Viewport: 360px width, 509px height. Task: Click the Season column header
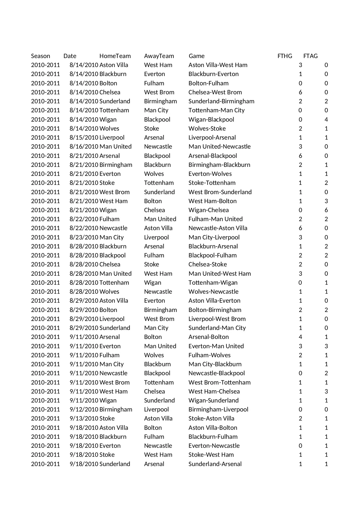41,56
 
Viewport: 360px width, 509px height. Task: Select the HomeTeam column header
115,56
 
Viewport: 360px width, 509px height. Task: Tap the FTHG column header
285,56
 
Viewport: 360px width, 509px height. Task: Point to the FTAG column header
310,56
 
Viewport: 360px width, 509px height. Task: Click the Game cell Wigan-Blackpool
211,120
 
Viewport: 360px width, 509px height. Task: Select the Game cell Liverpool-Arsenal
212,138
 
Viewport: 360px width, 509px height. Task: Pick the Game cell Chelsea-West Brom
215,92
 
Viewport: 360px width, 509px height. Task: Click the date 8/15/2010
84,138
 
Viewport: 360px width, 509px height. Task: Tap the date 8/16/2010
84,147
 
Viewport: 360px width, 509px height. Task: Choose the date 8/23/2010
84,237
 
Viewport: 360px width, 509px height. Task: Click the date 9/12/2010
84,409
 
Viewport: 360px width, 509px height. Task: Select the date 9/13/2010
84,418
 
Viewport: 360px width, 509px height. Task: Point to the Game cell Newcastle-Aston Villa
218,228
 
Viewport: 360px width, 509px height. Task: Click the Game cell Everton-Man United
216,346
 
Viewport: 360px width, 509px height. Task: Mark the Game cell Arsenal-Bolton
209,337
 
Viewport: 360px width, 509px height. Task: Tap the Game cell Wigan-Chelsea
209,210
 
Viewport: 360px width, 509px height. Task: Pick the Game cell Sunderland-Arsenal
215,464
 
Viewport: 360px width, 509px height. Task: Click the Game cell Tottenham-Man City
216,110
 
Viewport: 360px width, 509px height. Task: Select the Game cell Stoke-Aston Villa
211,418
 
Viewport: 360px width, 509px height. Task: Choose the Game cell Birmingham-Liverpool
218,409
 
